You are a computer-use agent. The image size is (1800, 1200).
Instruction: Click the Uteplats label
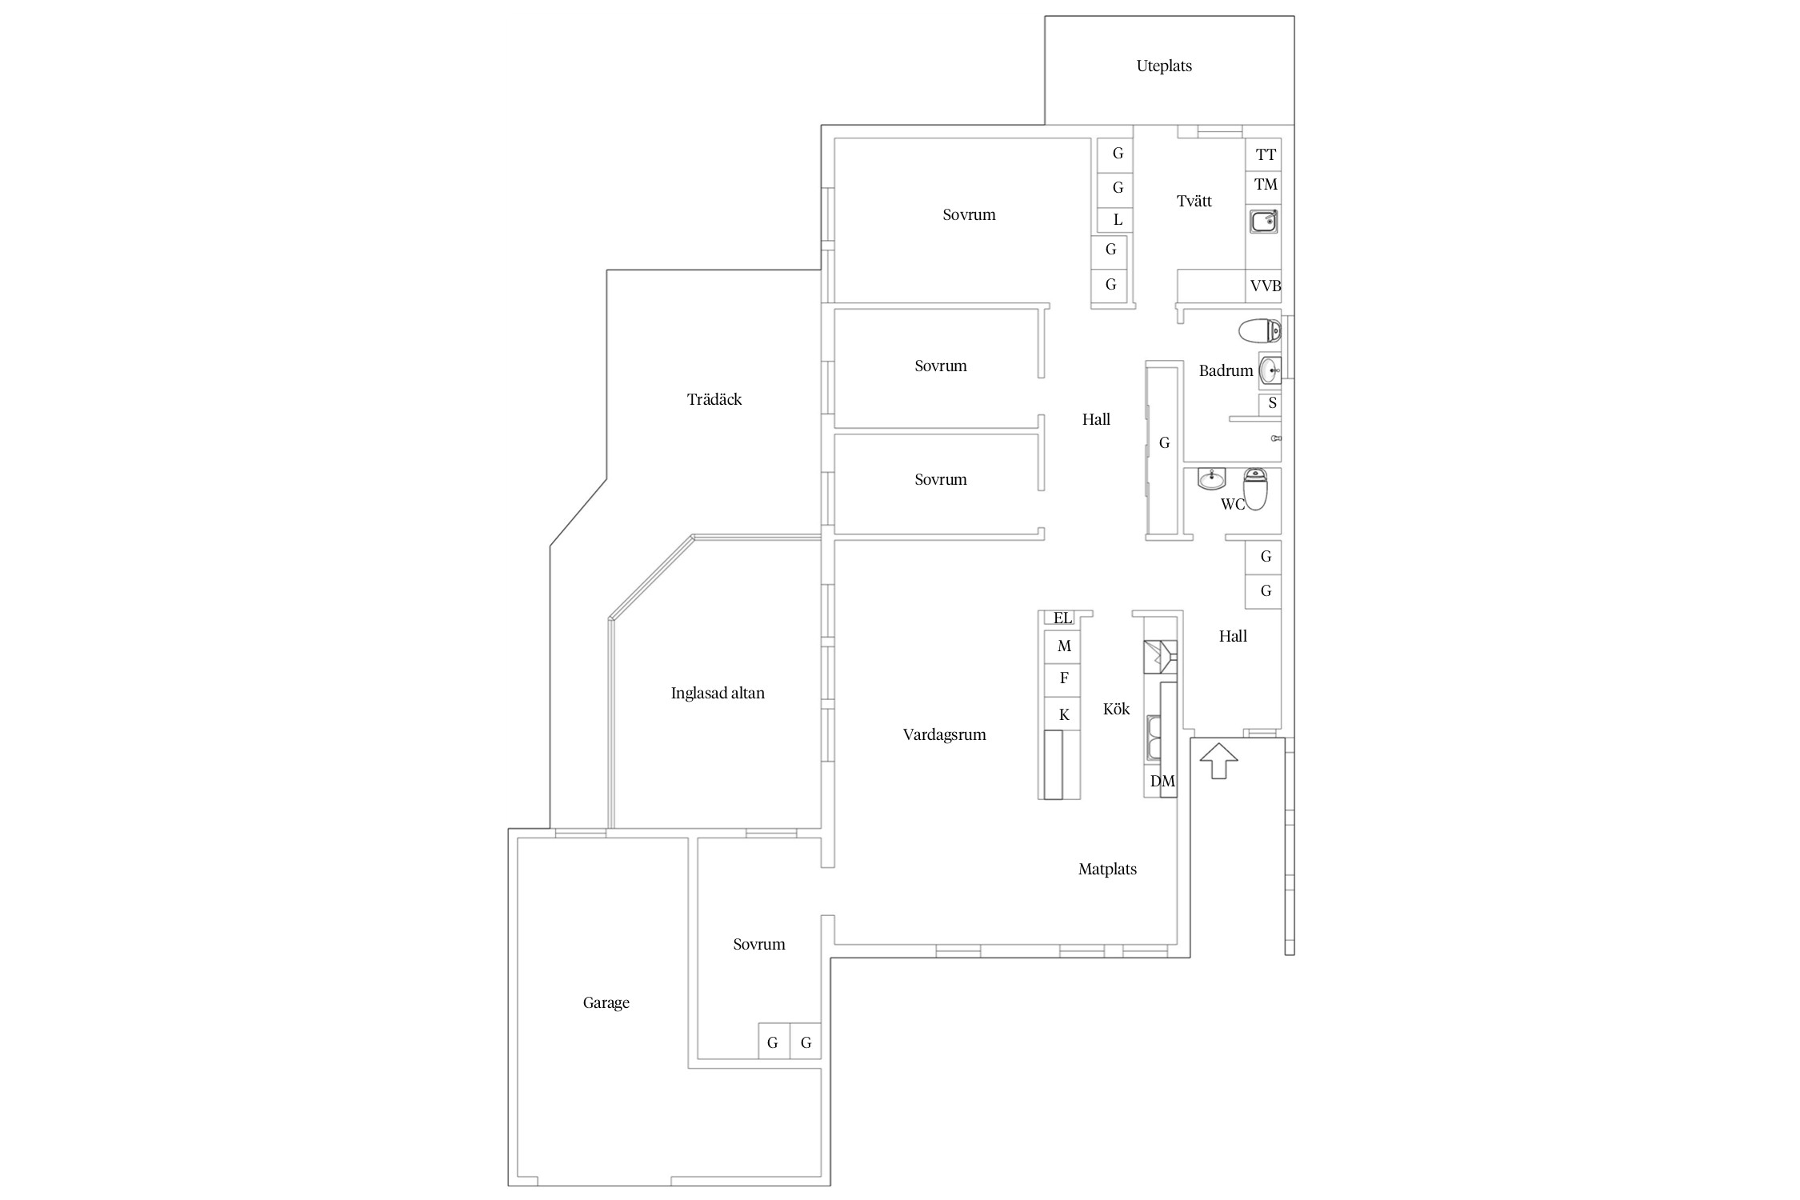pos(1164,66)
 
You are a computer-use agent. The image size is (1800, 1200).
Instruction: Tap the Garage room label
pos(606,1003)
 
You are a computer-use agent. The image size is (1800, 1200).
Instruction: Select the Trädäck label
pos(714,399)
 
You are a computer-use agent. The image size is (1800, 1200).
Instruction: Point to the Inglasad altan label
pos(718,694)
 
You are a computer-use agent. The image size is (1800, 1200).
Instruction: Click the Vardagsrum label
pos(944,735)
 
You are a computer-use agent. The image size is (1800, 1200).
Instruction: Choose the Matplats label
pos(1107,869)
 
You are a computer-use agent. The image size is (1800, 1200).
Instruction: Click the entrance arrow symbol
pos(1218,760)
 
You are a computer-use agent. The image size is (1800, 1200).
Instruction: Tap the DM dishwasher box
pos(1162,782)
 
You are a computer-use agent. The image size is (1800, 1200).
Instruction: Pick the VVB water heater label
pos(1266,286)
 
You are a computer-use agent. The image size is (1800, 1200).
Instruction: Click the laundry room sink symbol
pos(1264,221)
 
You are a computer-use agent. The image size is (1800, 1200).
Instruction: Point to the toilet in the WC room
pos(1255,488)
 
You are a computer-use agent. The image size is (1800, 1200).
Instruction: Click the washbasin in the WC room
pos(1211,479)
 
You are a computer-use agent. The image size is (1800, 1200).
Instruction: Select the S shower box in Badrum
pos(1270,404)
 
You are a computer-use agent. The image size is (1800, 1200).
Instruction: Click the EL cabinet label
pos(1062,618)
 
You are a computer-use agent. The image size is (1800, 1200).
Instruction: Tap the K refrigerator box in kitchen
pos(1063,714)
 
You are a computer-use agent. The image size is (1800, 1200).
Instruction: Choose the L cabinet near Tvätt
pos(1117,220)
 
